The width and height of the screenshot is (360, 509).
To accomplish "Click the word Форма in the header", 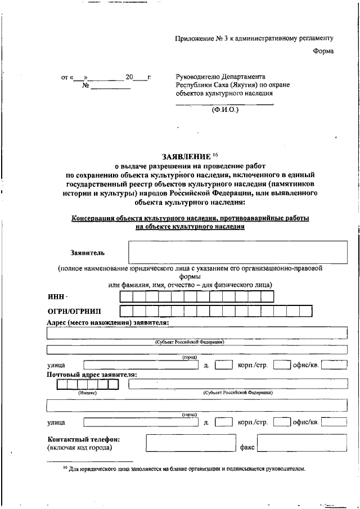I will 323,52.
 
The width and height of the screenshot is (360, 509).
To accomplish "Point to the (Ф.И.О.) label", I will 225,110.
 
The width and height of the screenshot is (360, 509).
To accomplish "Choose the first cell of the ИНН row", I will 126,296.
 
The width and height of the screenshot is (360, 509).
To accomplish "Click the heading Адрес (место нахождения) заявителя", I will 108,322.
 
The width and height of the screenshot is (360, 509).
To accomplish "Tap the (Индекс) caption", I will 88,393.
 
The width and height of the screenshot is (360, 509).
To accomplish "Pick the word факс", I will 247,448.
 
